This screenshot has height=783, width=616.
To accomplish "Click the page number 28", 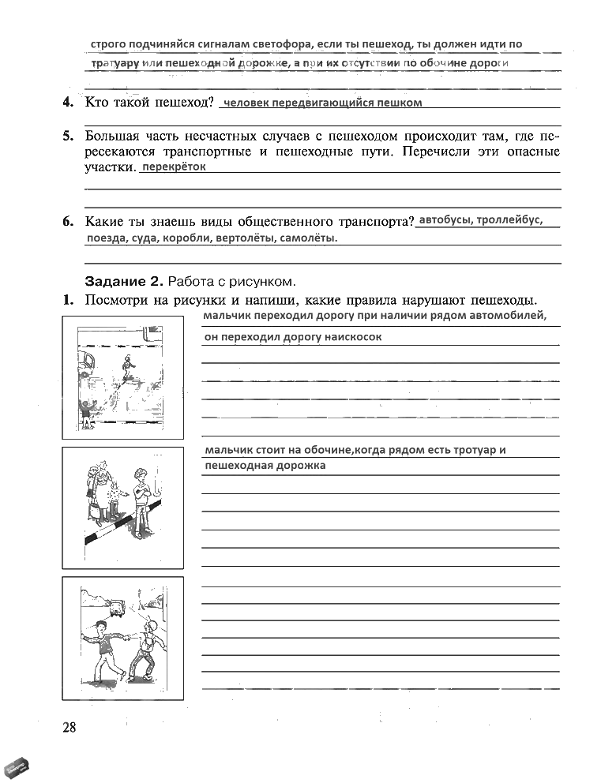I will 69,727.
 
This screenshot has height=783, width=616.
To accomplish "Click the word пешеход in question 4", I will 185,103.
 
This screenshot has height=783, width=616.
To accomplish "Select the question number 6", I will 69,222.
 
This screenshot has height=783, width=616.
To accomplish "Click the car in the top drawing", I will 85,361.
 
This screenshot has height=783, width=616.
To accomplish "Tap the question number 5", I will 69,135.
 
